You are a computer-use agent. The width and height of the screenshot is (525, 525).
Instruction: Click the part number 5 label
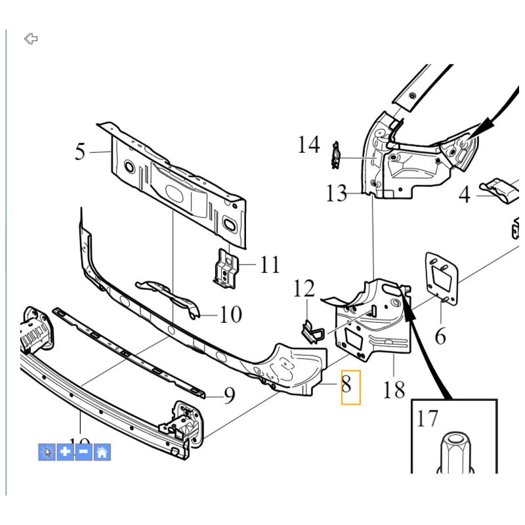(80, 152)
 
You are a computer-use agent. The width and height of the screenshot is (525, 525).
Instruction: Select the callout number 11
(269, 265)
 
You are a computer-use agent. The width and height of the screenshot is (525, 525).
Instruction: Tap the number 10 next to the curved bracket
(230, 315)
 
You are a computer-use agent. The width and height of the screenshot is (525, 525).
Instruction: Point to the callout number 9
(229, 395)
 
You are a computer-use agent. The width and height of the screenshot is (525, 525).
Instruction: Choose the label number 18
(394, 390)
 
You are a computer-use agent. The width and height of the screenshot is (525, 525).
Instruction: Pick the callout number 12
(304, 288)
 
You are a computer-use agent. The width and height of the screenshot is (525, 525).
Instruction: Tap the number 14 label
(308, 144)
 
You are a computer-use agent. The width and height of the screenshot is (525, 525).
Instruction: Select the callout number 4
(465, 195)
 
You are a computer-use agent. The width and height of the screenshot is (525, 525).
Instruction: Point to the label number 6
(440, 337)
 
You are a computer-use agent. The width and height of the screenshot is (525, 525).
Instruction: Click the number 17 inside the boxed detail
(427, 419)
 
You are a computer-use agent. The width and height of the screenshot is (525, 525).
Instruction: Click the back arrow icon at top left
(31, 39)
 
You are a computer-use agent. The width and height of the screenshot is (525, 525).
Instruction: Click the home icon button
(102, 452)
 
